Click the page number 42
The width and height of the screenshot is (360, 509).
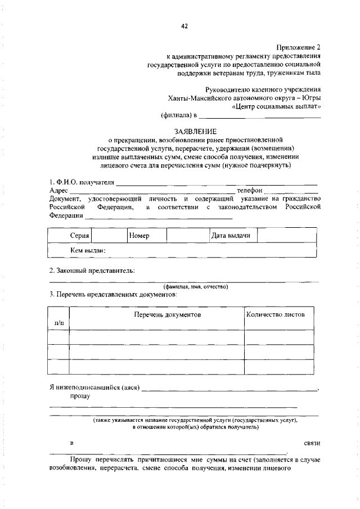[184, 25]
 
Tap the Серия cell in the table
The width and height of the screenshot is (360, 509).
[80, 236]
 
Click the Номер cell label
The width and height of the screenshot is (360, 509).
[138, 236]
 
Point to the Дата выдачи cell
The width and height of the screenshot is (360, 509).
[231, 236]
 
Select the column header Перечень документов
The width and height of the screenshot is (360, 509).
[167, 314]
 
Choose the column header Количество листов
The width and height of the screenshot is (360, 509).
[276, 314]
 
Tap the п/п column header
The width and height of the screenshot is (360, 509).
[58, 323]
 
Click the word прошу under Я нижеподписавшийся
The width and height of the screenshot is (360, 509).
[80, 396]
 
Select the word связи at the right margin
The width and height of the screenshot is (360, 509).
[312, 443]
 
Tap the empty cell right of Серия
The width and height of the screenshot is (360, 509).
[108, 236]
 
